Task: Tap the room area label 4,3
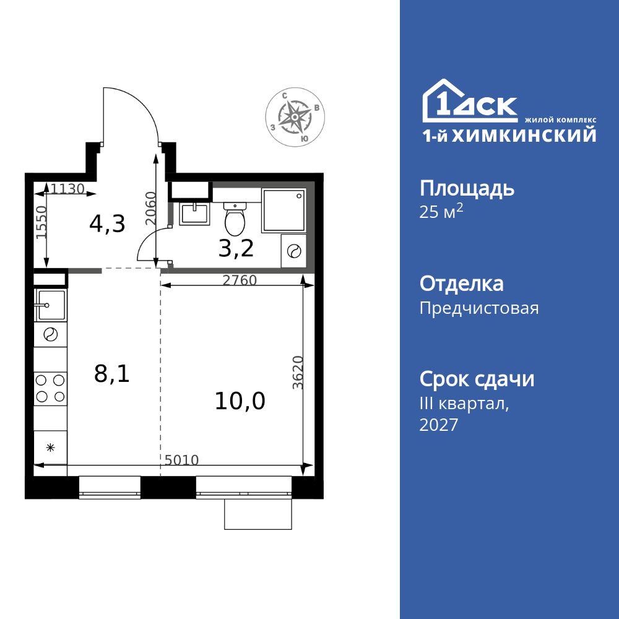pos(107,223)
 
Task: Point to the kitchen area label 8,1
pos(111,373)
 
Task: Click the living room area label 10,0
pos(240,401)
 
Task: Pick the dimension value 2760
pos(239,280)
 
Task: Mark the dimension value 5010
pos(181,460)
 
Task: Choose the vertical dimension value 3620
pos(298,372)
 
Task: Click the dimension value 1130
pos(67,189)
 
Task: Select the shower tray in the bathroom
pos(284,210)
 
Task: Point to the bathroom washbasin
pos(194,213)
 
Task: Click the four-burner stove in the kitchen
pos(50,388)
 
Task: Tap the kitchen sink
pos(50,305)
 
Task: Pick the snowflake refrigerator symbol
pos(50,447)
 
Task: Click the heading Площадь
pos(467,188)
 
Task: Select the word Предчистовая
pos(478,308)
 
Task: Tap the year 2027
pos(438,425)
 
